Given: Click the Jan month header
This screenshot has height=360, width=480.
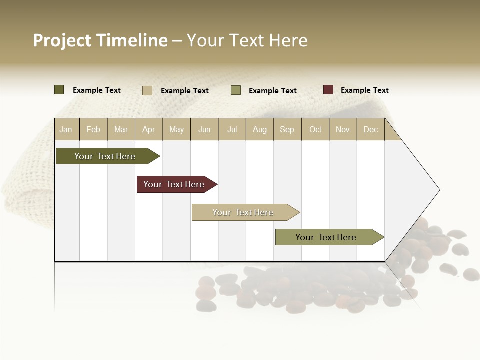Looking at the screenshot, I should (x=66, y=129).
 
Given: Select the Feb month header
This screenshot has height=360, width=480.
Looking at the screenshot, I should (x=93, y=129).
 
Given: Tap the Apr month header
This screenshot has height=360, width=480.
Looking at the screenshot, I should (x=149, y=129).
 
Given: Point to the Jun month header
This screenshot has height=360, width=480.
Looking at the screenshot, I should (x=204, y=129).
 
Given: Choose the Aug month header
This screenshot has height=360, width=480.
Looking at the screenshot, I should (x=260, y=129).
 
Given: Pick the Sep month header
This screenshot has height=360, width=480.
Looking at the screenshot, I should (x=287, y=129).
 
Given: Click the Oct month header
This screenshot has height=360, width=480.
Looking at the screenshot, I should (x=315, y=129).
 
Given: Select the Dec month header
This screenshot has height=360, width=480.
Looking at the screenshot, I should (x=371, y=129).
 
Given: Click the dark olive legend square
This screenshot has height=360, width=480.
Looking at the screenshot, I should (x=59, y=90).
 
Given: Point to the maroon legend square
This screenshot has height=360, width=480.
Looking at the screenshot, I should (x=328, y=90).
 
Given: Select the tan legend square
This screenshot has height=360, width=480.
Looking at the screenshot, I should (x=147, y=90).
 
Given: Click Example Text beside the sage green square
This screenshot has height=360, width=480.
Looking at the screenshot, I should (x=272, y=91).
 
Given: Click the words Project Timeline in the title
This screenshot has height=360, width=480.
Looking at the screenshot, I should (x=100, y=40).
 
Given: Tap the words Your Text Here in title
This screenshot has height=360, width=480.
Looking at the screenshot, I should (x=247, y=40).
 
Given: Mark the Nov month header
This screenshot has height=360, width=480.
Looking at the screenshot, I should (x=343, y=129).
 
